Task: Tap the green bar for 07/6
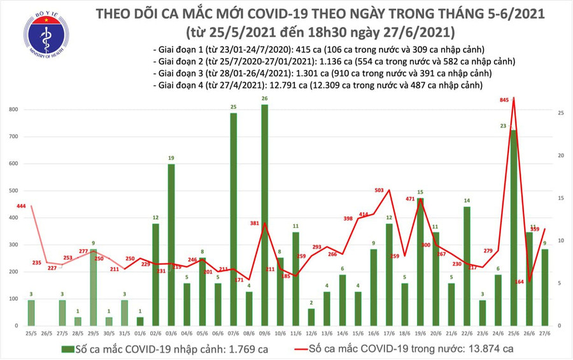coord(234,219)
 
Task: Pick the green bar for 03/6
coord(171,245)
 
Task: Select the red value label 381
coord(255,224)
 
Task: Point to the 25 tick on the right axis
coord(560,113)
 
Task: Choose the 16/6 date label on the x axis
coord(373,333)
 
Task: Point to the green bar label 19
coord(171,158)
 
